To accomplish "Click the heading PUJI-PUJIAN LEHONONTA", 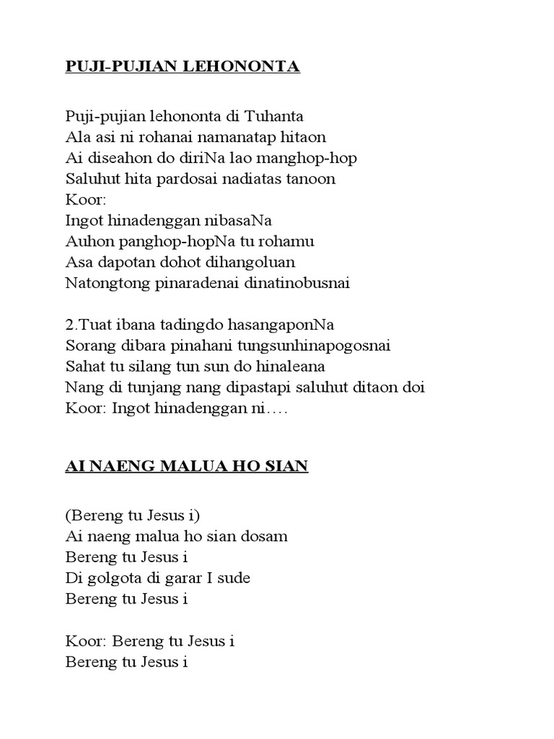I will [183, 68].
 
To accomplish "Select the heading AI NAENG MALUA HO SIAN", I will [187, 467].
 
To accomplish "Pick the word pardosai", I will [183, 178].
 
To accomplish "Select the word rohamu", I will [286, 241].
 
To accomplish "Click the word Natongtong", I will [102, 283].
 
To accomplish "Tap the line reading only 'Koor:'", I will [84, 199].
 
